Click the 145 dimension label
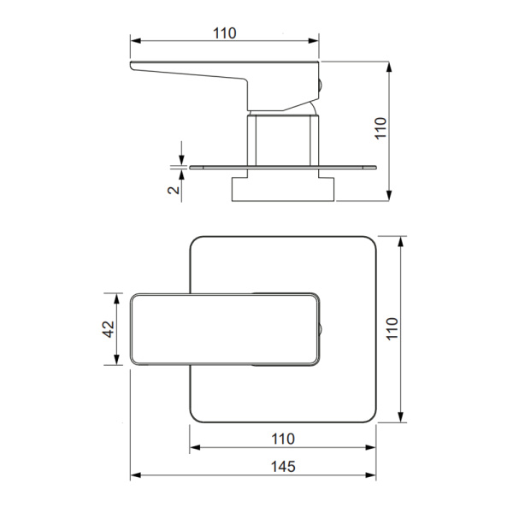(283, 467)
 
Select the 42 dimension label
(109, 329)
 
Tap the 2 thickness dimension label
(174, 190)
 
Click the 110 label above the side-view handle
(224, 33)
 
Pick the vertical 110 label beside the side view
(380, 128)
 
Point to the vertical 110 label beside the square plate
(392, 329)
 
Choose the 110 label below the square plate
(283, 439)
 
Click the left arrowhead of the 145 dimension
(135, 475)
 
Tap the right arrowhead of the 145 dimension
(371, 475)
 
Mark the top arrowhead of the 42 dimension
(116, 298)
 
